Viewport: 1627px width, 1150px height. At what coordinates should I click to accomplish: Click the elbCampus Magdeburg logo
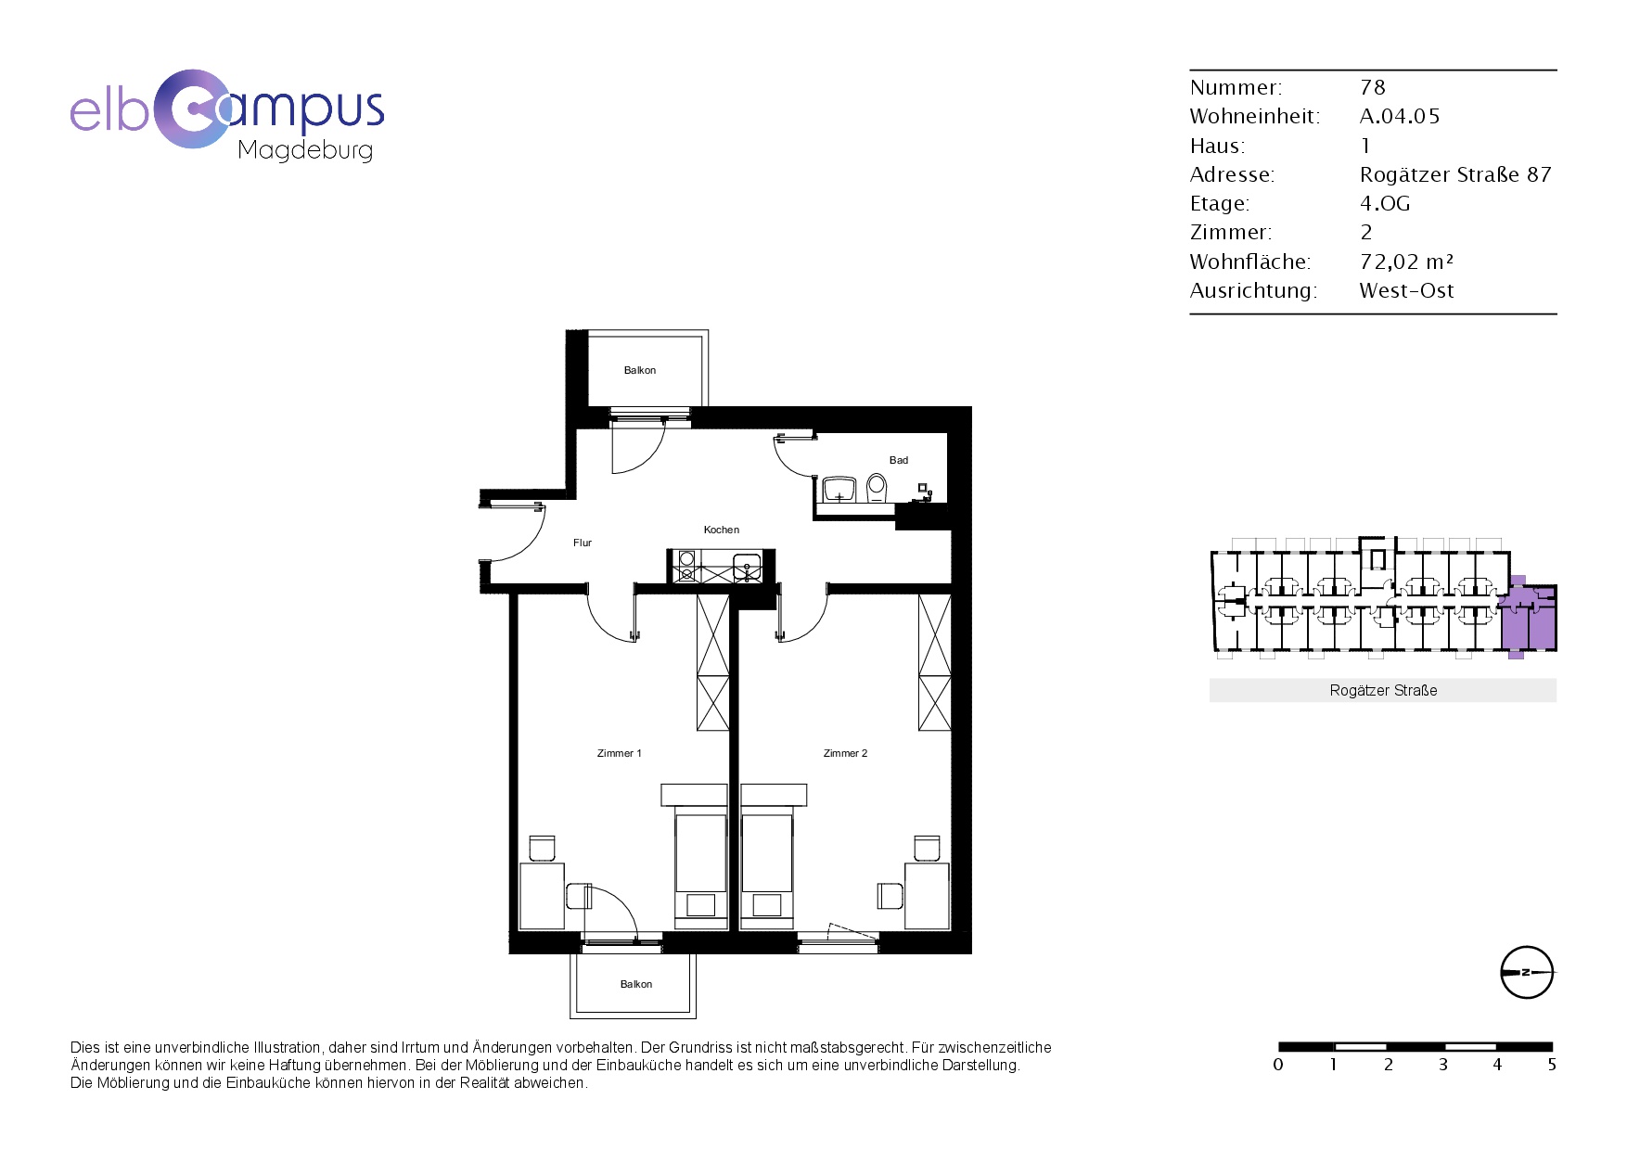point(227,115)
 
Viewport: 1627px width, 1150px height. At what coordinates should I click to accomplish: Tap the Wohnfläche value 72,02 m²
point(1406,262)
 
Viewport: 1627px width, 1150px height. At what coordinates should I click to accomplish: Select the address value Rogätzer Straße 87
point(1455,174)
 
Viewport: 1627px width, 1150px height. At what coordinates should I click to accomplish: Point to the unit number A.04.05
point(1400,116)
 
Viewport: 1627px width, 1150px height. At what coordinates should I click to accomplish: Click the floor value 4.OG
point(1385,203)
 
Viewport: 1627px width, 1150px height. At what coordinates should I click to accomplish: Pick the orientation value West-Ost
point(1406,290)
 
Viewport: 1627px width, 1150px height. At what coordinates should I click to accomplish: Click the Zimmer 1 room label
point(620,753)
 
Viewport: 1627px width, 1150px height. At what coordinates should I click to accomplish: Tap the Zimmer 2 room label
point(846,753)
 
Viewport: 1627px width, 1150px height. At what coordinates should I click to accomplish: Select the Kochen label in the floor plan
point(722,530)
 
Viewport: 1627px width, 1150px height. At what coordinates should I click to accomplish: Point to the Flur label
point(583,543)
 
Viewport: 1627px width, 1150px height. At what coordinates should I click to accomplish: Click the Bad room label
point(899,460)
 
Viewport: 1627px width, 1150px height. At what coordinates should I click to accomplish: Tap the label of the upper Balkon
point(640,370)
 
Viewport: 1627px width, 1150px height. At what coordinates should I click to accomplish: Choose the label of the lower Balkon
point(636,984)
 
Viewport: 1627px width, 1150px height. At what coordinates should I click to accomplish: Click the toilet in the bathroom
point(877,487)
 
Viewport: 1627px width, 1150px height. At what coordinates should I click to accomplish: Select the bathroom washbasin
point(839,489)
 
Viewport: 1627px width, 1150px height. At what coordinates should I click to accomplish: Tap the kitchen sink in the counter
point(747,566)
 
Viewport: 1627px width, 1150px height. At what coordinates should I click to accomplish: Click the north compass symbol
point(1527,973)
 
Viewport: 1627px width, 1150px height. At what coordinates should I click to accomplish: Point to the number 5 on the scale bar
point(1552,1065)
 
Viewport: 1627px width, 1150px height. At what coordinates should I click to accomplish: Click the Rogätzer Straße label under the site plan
point(1383,690)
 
